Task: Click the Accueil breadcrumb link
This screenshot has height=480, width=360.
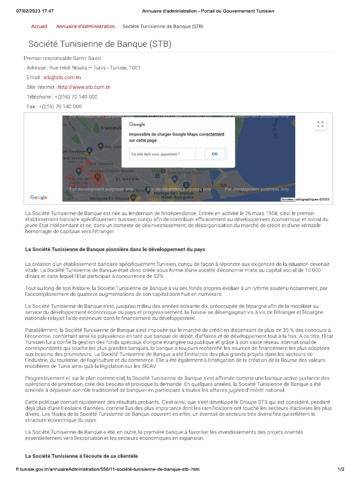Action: point(39,26)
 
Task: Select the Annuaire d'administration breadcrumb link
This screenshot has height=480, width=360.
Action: point(85,26)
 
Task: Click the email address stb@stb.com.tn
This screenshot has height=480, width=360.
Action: point(62,77)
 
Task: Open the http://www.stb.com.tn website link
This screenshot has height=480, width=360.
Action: point(84,87)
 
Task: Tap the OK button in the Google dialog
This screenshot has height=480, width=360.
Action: point(215,154)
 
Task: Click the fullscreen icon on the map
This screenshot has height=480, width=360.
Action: point(321,124)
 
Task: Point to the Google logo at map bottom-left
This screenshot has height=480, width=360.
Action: point(38,197)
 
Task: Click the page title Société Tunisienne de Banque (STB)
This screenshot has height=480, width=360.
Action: point(99,44)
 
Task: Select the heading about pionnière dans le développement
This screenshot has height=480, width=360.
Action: point(115,248)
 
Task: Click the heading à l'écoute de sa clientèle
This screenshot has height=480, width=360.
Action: point(82,456)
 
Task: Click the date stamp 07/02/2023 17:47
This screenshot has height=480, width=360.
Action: point(35,11)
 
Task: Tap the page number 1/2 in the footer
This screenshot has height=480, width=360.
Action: point(341,469)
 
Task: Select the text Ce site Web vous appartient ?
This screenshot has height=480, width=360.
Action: point(156,154)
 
